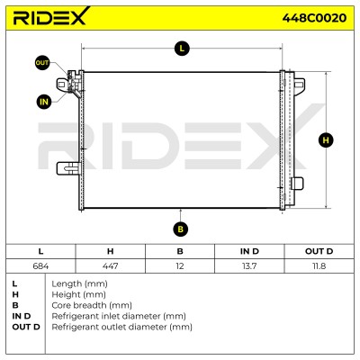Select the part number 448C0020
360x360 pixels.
click(x=314, y=18)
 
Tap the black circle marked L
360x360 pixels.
click(x=182, y=48)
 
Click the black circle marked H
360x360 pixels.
click(x=326, y=140)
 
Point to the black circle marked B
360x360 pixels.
click(x=180, y=229)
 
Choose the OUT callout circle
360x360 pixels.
click(x=42, y=63)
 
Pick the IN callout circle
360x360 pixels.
click(x=44, y=102)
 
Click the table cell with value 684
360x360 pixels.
click(x=40, y=265)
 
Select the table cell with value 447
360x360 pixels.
click(x=110, y=265)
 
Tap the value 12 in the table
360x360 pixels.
click(x=180, y=265)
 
